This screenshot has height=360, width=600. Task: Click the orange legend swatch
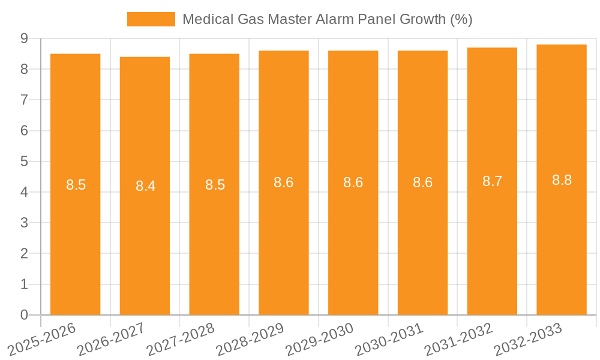click(x=151, y=19)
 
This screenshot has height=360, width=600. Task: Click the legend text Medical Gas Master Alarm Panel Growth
click(x=327, y=19)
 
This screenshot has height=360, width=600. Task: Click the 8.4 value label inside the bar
click(x=145, y=186)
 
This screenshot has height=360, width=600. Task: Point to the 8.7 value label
click(x=492, y=181)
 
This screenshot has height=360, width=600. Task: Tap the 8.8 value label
click(x=562, y=180)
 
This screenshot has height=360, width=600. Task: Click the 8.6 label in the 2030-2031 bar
click(x=422, y=182)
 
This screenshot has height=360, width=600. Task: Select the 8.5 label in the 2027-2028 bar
click(x=215, y=185)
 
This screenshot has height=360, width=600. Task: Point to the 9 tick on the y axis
click(x=24, y=38)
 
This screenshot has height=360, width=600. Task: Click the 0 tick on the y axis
click(x=24, y=315)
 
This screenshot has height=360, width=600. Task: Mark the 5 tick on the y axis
click(x=24, y=161)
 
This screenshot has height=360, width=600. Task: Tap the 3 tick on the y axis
click(x=24, y=223)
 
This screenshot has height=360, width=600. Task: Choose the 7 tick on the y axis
click(x=24, y=100)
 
